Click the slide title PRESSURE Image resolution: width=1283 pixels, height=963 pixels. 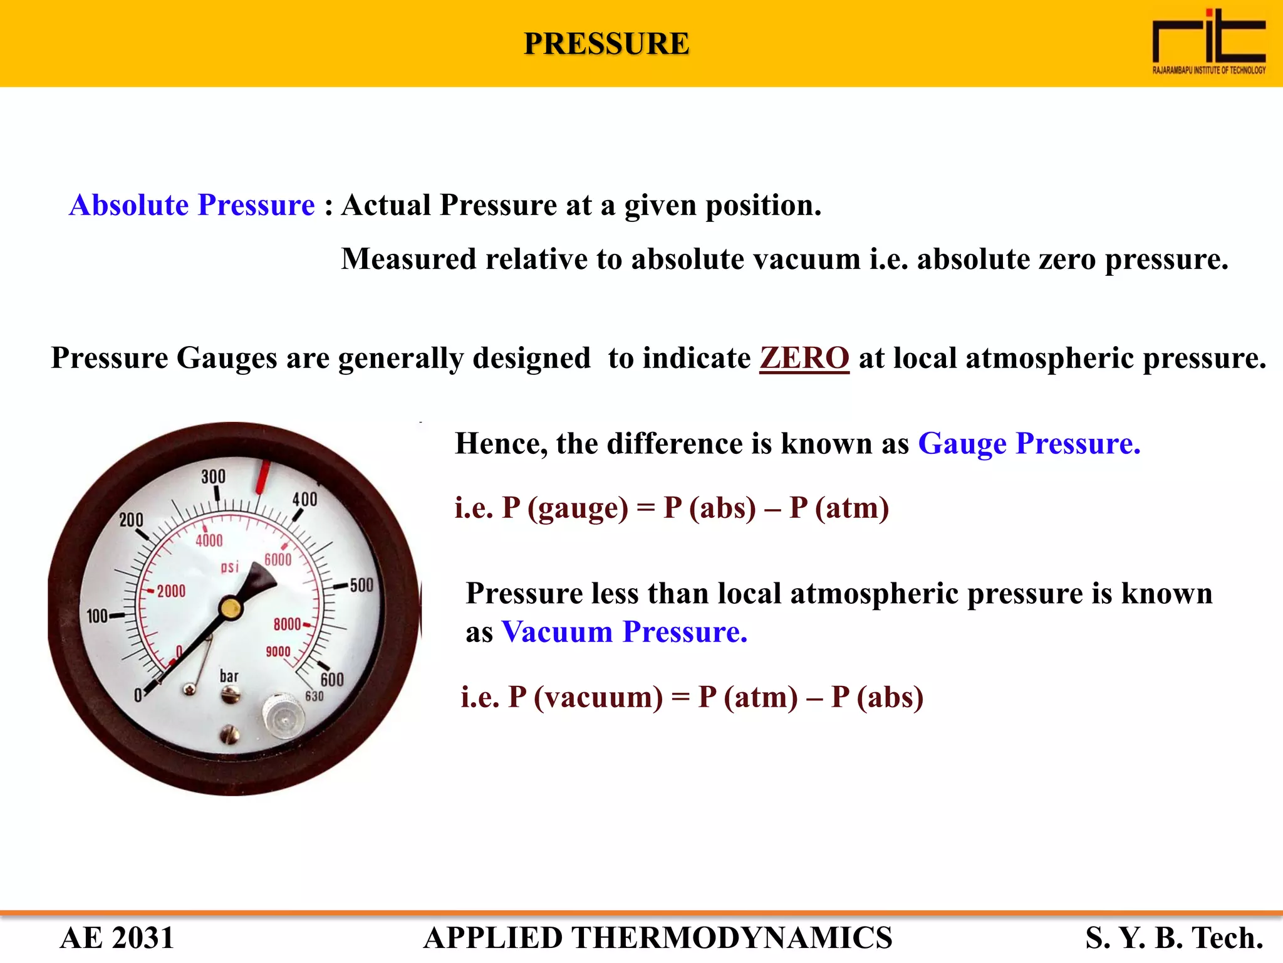[x=606, y=44]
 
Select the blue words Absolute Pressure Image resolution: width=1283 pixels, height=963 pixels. [x=192, y=205]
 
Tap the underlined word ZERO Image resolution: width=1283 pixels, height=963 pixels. [x=804, y=358]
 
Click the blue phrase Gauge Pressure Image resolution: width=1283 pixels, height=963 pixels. [x=1029, y=444]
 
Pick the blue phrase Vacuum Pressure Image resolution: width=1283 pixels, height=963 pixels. [x=624, y=632]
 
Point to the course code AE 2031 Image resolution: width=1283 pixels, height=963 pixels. [x=117, y=938]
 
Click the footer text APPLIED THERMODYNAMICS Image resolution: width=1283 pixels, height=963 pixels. [x=657, y=938]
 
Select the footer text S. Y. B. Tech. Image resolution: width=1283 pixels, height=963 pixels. [x=1173, y=938]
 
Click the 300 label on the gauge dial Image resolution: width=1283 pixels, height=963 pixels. [x=213, y=476]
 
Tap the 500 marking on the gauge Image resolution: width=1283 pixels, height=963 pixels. [x=361, y=586]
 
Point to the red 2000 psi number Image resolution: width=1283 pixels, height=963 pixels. [x=170, y=591]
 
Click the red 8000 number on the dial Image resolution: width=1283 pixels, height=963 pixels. [x=287, y=624]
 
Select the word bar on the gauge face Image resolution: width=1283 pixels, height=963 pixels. [x=229, y=676]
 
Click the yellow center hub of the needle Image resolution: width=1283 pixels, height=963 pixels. [x=231, y=608]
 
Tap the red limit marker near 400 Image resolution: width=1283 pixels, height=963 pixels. [x=262, y=476]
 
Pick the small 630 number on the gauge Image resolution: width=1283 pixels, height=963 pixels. [x=314, y=697]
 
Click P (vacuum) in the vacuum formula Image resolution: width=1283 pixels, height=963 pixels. [x=585, y=697]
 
